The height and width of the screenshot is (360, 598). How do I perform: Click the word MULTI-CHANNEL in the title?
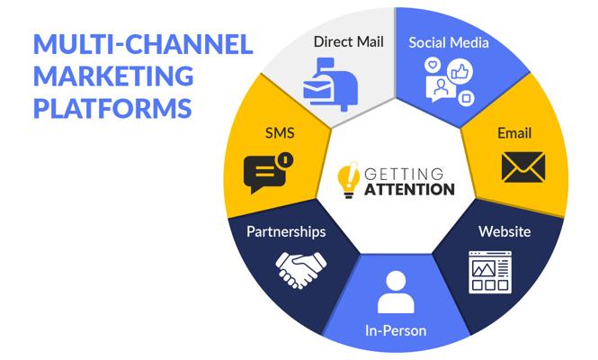(143, 44)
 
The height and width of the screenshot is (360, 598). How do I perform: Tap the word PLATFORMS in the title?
(113, 108)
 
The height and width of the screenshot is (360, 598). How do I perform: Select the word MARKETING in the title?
(113, 76)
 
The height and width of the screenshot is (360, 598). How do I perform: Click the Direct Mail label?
(349, 41)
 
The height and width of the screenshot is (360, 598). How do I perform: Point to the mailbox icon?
(331, 84)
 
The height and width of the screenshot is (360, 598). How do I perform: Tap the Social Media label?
(449, 42)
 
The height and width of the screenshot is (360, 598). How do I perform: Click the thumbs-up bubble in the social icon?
(460, 71)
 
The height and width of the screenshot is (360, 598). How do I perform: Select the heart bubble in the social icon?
(433, 65)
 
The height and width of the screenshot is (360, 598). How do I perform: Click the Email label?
(514, 133)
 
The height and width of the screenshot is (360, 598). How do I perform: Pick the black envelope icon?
(523, 166)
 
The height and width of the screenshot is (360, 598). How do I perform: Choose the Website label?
(504, 231)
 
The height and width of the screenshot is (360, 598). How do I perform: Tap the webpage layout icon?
(490, 272)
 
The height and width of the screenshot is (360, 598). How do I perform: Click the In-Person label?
(396, 330)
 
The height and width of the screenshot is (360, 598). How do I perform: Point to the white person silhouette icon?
(396, 292)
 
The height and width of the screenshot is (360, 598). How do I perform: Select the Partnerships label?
(286, 231)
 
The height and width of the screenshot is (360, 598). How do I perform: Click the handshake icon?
(301, 269)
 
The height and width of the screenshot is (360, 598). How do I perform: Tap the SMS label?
(280, 133)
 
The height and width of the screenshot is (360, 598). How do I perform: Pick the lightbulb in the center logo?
(349, 180)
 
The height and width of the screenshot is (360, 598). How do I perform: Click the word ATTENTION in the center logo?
(409, 189)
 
